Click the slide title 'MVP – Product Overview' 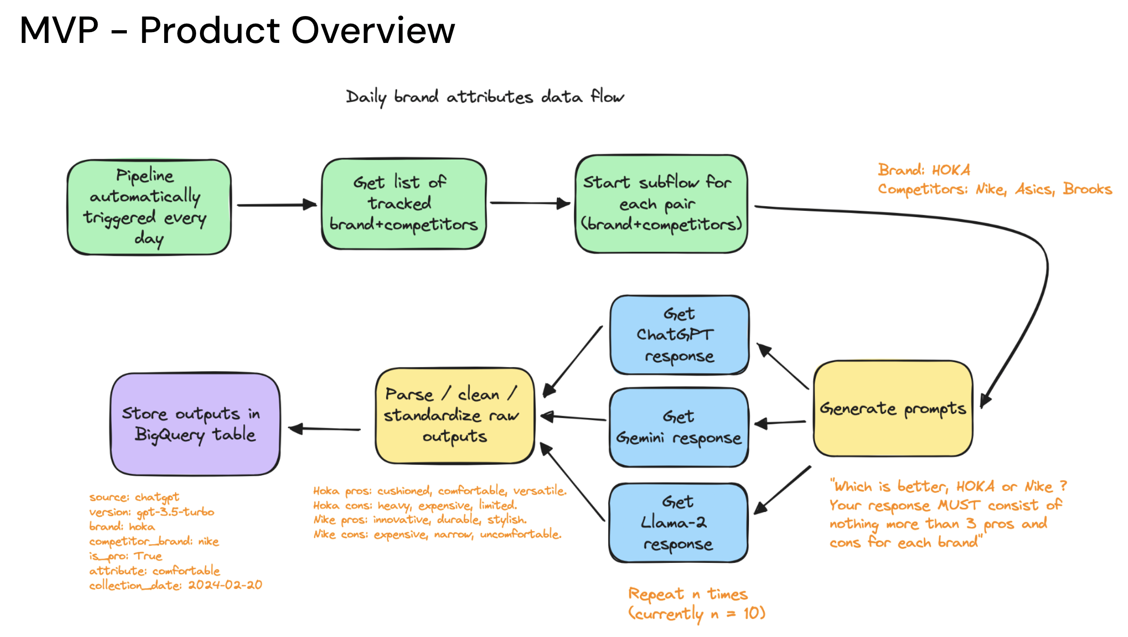[237, 30]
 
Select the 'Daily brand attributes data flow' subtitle [484, 97]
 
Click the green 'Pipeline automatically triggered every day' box [149, 207]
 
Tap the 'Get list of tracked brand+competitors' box [404, 204]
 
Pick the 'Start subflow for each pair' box [661, 204]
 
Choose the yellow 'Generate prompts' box [893, 409]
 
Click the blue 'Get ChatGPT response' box [679, 335]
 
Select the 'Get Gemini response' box [679, 427]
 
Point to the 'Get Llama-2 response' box [678, 523]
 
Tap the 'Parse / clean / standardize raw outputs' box [455, 415]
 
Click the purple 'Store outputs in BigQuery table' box [195, 424]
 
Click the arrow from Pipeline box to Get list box [276, 205]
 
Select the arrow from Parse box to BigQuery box [324, 429]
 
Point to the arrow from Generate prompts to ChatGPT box [783, 366]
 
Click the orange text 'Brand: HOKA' [923, 170]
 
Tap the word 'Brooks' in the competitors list [1087, 189]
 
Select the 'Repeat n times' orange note [688, 594]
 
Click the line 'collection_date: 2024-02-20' [175, 585]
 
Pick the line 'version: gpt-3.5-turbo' [151, 512]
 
